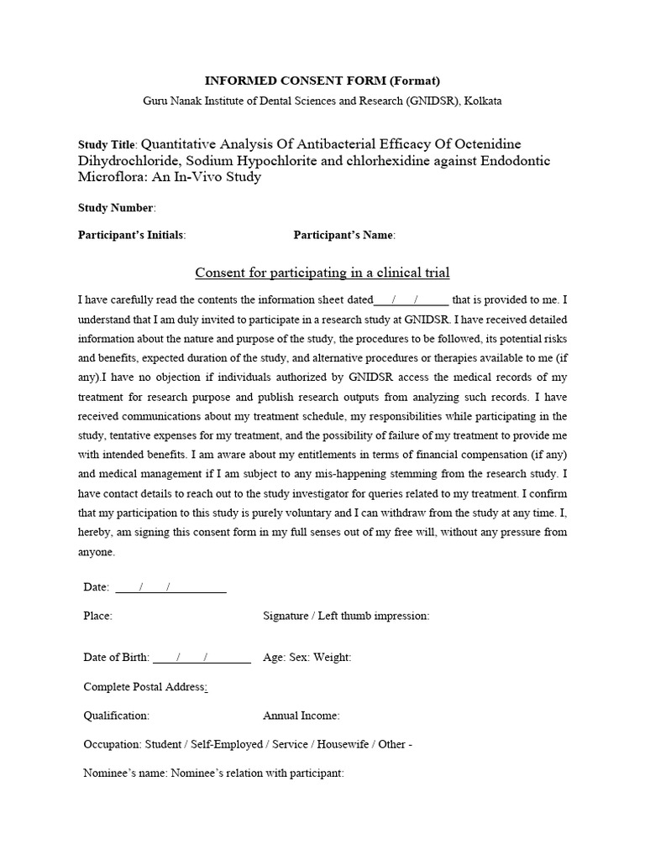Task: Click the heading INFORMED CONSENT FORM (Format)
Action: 322,81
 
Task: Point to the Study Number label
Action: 116,207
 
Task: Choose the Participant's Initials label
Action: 131,235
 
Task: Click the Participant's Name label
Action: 343,235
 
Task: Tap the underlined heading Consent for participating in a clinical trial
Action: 322,273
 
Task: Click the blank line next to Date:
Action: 170,587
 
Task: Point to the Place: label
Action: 97,616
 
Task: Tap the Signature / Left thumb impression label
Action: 346,616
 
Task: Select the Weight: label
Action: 332,658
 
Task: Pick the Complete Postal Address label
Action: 145,687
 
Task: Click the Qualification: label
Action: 117,716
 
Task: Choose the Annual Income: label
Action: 302,716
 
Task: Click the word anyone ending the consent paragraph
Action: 97,552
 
